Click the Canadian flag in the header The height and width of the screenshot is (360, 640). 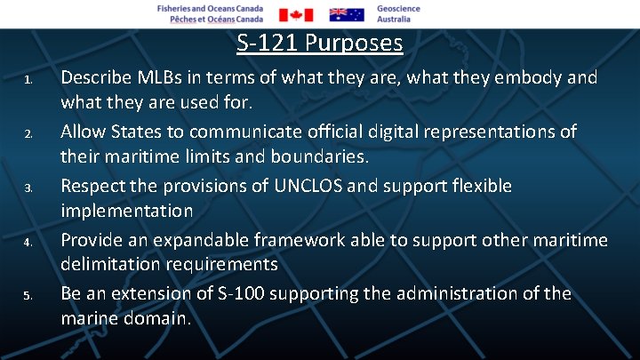(296, 14)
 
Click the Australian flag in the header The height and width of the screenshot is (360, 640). (347, 14)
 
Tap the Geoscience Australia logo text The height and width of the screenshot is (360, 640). (398, 13)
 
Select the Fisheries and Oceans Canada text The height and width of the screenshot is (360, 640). (210, 13)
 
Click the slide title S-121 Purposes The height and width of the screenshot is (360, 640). (320, 43)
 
